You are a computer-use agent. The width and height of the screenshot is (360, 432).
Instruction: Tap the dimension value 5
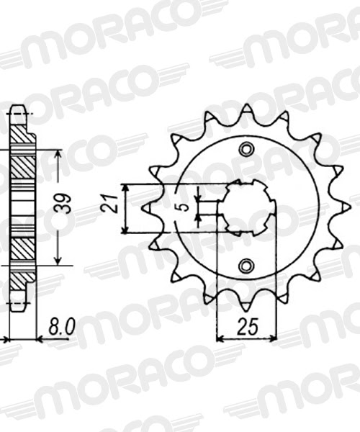pos(184,208)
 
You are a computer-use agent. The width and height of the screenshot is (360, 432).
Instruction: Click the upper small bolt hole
pos(247,149)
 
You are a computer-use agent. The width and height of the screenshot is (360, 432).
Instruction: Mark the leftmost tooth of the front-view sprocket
pos(146,209)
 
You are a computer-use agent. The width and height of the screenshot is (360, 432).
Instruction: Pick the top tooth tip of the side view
pos(20,110)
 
